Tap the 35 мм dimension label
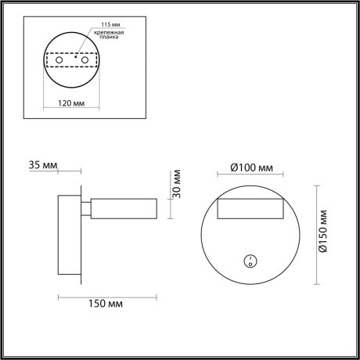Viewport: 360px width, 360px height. click(43, 167)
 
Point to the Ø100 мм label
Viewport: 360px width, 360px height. click(250, 167)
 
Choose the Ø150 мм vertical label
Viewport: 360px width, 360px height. click(324, 235)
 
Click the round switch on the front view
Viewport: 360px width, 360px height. click(250, 261)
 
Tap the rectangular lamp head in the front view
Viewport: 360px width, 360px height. click(250, 208)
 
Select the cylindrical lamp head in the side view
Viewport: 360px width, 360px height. click(125, 208)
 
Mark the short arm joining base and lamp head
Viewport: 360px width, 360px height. click(85, 208)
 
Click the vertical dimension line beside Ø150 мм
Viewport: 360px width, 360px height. click(315, 235)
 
